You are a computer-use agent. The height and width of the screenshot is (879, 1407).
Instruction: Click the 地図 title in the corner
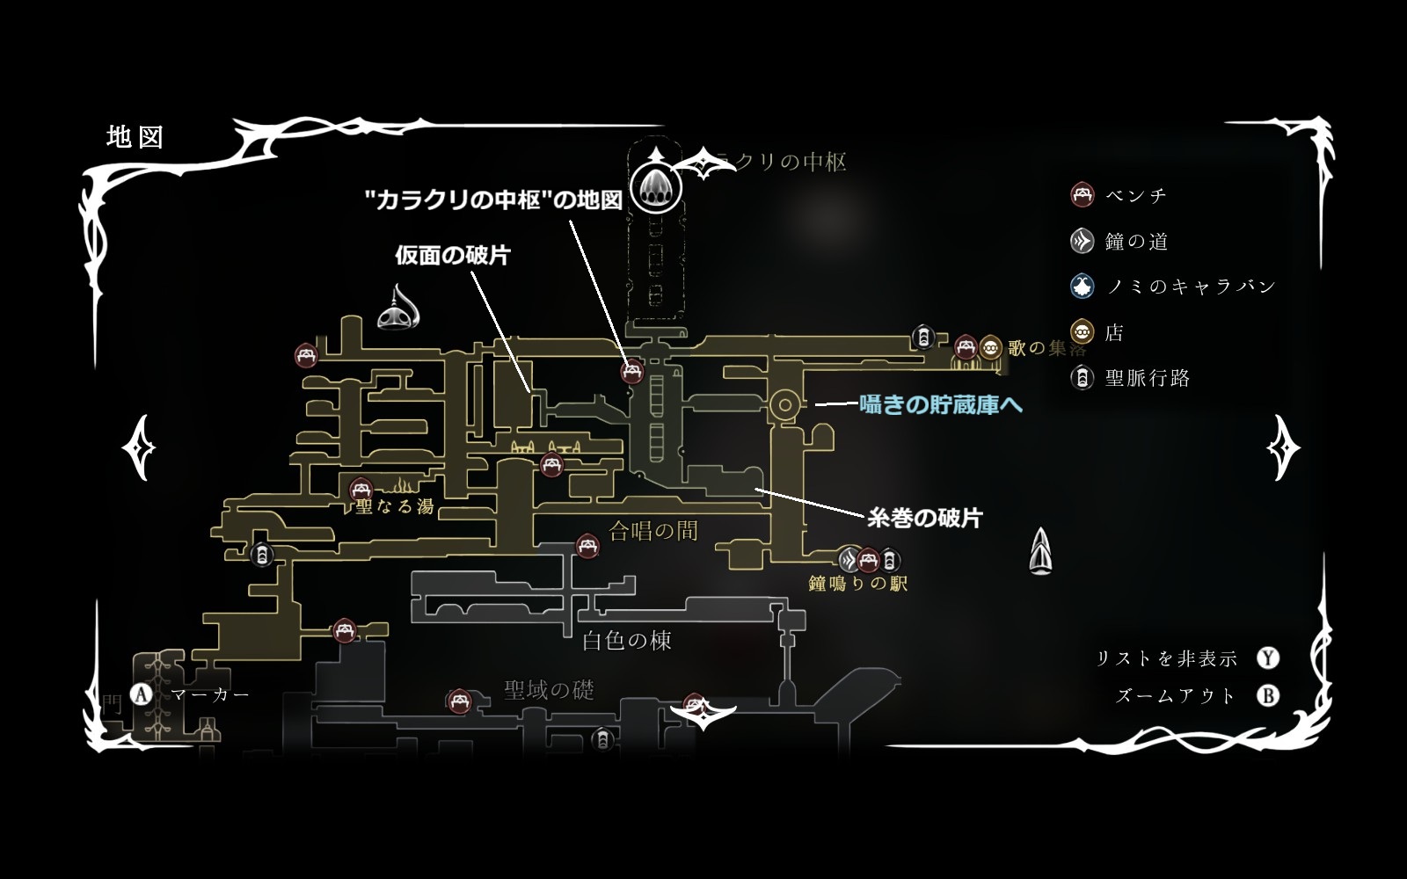[135, 137]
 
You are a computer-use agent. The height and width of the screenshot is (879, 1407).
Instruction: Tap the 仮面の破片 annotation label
[453, 256]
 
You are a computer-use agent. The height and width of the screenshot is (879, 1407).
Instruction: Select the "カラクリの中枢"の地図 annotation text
[493, 200]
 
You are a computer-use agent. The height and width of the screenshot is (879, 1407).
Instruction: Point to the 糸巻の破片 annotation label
[924, 518]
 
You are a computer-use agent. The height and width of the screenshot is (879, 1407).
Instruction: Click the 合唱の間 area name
[653, 530]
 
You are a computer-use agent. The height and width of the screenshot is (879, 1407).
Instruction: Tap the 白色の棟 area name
[627, 640]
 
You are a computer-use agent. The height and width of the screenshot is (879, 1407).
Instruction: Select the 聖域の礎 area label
[549, 690]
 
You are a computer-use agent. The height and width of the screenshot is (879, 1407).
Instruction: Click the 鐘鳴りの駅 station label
[857, 583]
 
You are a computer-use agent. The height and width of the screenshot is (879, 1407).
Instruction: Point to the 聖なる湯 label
[395, 506]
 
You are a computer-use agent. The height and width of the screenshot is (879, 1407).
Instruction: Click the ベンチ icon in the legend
[1082, 195]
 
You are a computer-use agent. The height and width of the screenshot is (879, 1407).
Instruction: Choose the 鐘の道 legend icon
[1082, 241]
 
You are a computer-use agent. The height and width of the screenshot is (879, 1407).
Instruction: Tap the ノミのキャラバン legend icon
[1082, 286]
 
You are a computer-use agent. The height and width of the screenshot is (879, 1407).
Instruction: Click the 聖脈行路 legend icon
[1082, 378]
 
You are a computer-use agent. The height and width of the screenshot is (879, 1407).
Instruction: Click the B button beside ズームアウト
[1267, 695]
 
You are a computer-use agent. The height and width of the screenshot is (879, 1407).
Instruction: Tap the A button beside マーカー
[142, 694]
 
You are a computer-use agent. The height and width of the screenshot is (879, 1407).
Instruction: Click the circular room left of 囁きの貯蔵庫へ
[783, 405]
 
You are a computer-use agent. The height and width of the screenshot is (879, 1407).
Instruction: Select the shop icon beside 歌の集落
[991, 347]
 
